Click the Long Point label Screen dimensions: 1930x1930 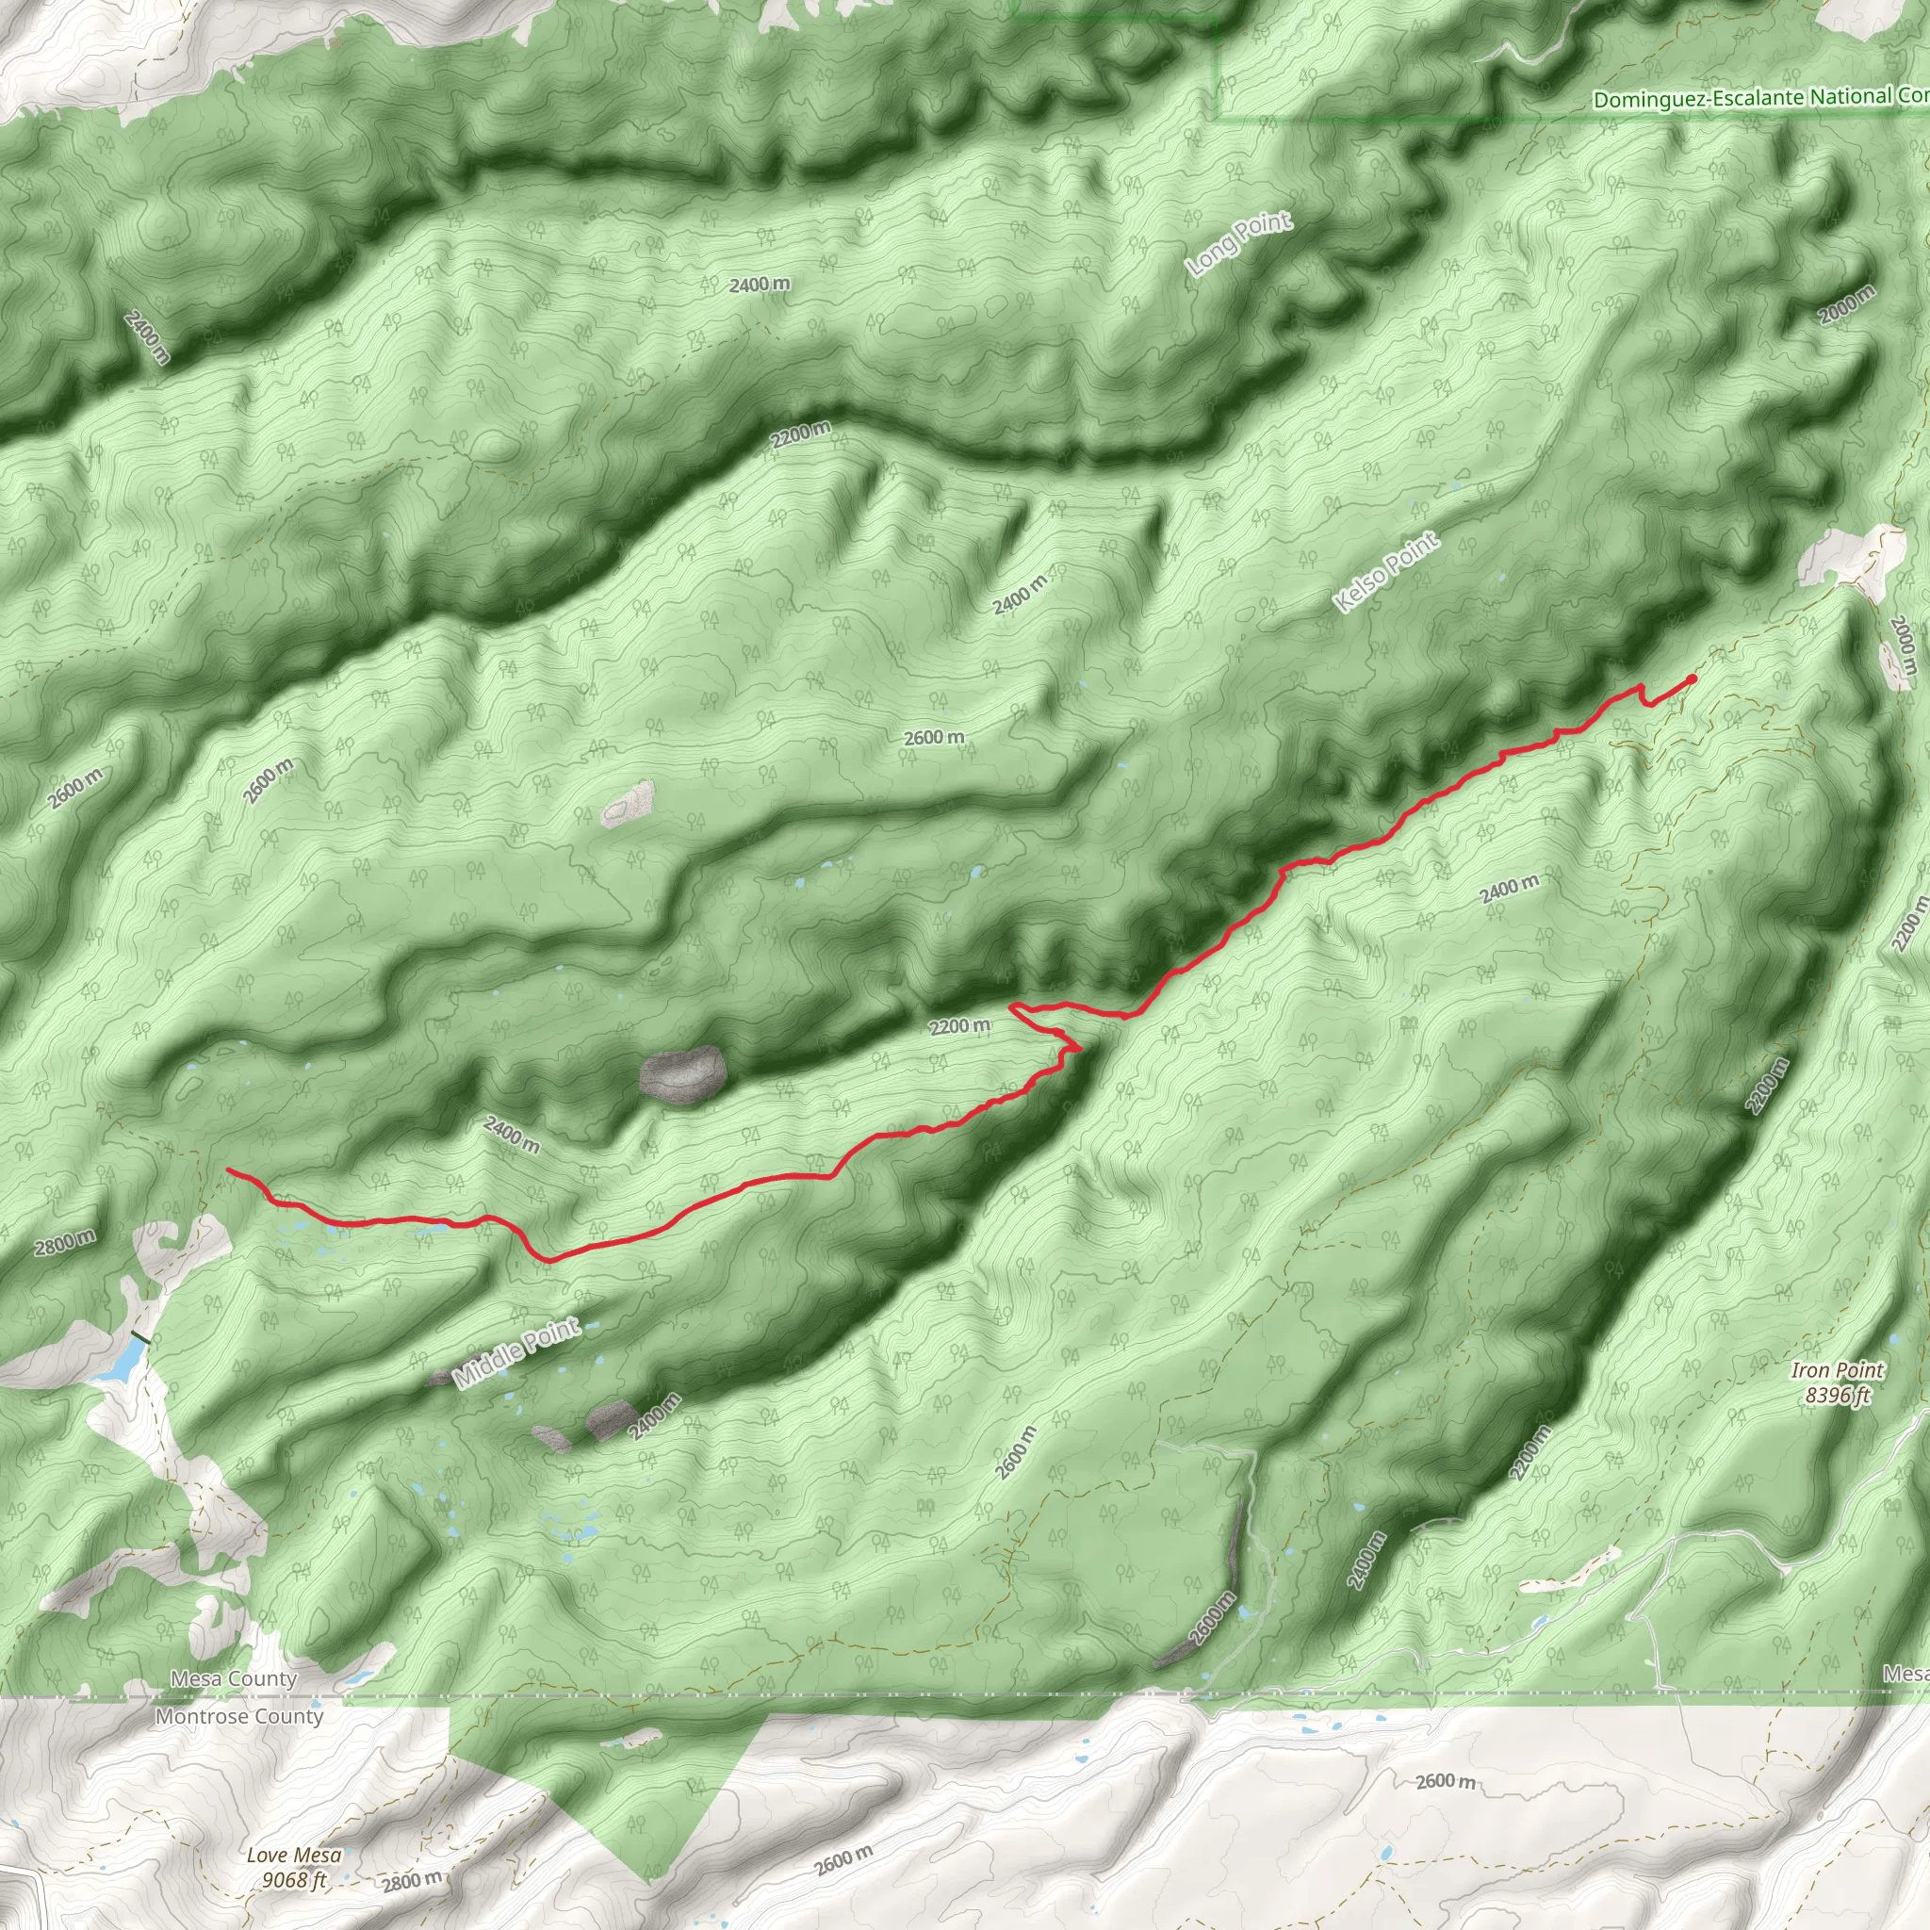[1237, 244]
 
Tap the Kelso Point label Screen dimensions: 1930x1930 [1385, 572]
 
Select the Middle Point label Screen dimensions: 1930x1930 [515, 1353]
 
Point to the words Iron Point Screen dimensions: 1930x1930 [1837, 1370]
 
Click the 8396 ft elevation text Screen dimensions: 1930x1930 [1837, 1395]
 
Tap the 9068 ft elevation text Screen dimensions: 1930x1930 [294, 1880]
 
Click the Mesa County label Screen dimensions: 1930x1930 [234, 1679]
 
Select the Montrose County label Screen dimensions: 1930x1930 [239, 1716]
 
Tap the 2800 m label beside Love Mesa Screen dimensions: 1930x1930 [411, 1882]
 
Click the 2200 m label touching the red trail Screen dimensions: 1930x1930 [960, 1026]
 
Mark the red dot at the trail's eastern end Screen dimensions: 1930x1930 [1692, 679]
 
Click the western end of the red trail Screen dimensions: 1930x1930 [229, 1169]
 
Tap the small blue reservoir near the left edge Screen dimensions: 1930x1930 [121, 1360]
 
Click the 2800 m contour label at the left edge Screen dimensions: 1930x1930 [65, 1243]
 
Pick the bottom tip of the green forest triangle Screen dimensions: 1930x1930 [648, 1883]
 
